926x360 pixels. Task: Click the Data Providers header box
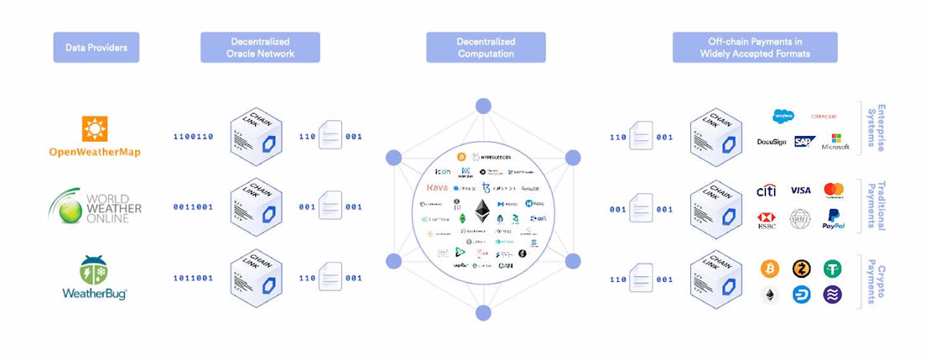coord(96,47)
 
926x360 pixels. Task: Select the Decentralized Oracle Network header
coord(260,47)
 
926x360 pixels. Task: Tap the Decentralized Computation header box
coord(486,47)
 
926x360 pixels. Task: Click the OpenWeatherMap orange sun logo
coord(95,129)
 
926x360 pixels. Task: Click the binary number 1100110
coord(192,136)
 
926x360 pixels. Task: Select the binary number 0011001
coord(192,206)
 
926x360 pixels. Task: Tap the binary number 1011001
coord(192,278)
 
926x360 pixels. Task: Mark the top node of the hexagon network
coord(482,106)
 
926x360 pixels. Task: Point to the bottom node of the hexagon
coord(482,313)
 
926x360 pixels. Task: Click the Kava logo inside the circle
coord(437,187)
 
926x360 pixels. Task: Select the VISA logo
coord(800,190)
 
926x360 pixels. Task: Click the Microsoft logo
coord(835,142)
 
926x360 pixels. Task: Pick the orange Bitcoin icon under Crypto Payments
coord(769,269)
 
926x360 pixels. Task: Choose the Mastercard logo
coord(833,190)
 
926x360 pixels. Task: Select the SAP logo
coord(804,142)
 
